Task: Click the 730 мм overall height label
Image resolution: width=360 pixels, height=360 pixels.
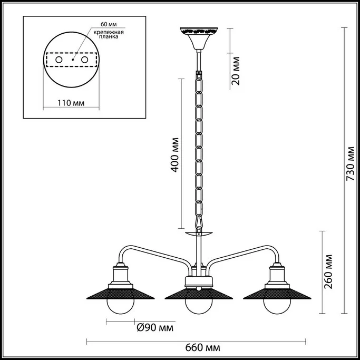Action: click(351, 163)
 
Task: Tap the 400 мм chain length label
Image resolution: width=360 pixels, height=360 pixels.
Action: click(174, 155)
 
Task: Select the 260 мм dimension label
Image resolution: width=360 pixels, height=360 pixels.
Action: click(328, 271)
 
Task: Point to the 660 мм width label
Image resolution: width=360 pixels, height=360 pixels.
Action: click(202, 347)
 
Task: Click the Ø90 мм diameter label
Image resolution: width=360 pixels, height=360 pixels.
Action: click(155, 328)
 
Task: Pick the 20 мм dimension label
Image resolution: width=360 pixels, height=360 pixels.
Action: click(235, 71)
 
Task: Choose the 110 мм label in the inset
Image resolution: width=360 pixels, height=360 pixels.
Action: click(71, 103)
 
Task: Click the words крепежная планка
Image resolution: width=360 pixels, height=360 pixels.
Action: click(109, 34)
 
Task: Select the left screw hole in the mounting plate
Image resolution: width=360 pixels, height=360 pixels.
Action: click(59, 60)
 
